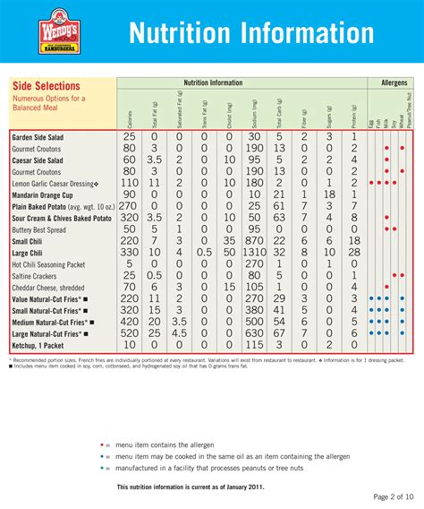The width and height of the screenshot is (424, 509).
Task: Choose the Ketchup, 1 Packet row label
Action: point(42,344)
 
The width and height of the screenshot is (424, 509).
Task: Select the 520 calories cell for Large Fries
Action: point(130,332)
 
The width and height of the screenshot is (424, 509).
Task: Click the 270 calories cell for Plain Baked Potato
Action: point(130,204)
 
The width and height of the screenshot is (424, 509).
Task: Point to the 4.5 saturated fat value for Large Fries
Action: point(179,332)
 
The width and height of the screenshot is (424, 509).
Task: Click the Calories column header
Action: point(130,111)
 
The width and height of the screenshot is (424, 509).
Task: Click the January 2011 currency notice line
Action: point(191,487)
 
